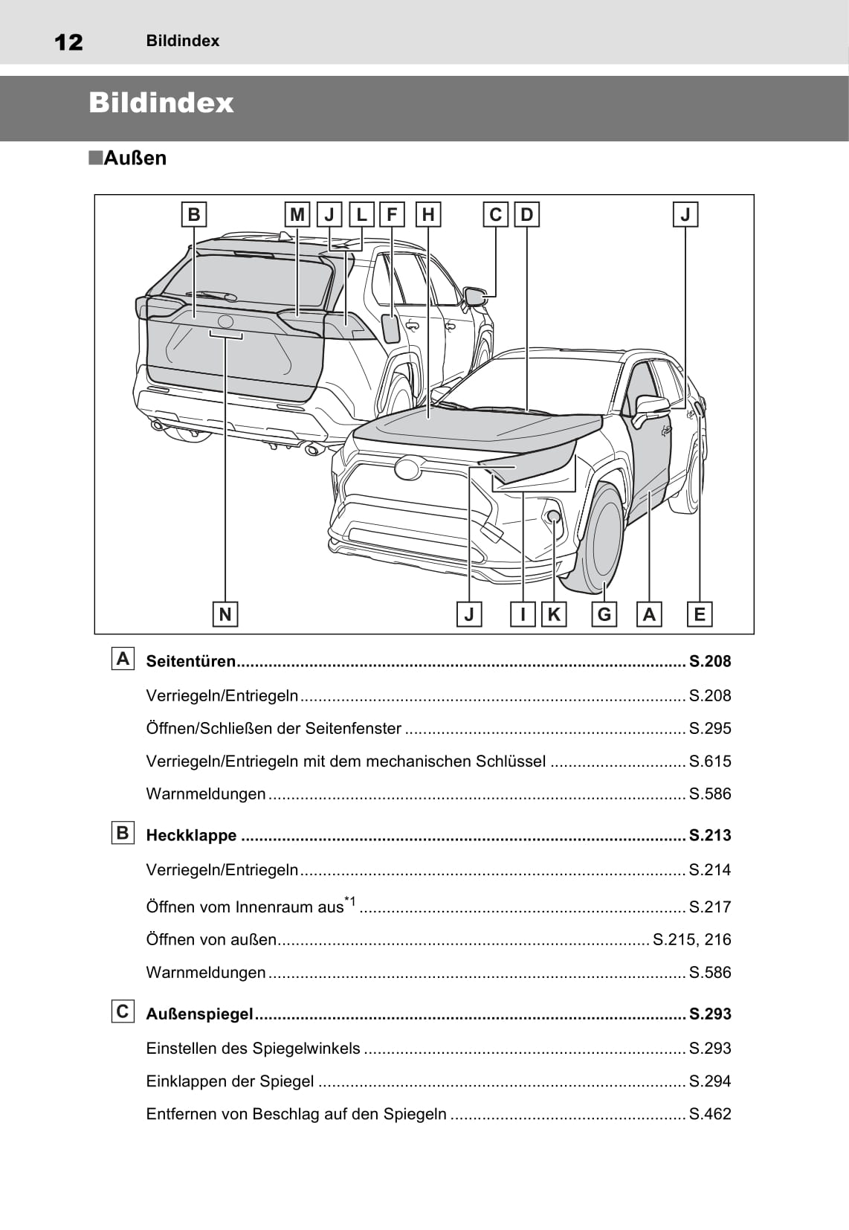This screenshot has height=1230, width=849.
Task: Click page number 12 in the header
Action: click(x=68, y=42)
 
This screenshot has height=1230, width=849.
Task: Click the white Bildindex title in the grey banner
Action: click(x=161, y=103)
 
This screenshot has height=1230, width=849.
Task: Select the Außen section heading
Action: click(x=134, y=158)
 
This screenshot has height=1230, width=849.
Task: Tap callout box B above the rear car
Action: click(x=194, y=215)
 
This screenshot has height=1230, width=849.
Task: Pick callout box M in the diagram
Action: click(x=297, y=215)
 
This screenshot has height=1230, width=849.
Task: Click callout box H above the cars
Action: click(x=428, y=215)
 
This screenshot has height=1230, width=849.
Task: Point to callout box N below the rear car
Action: click(x=225, y=614)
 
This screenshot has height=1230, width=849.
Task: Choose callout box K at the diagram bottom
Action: click(x=554, y=614)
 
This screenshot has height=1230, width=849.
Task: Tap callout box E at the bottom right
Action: click(x=700, y=614)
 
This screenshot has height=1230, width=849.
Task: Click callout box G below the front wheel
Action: click(x=604, y=614)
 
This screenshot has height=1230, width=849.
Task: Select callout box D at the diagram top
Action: click(x=526, y=215)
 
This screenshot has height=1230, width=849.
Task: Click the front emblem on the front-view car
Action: click(x=407, y=468)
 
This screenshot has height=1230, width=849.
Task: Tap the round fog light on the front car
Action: click(x=553, y=516)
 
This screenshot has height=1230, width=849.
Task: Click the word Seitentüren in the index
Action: click(x=190, y=661)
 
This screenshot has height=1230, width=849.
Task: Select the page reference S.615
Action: click(x=710, y=761)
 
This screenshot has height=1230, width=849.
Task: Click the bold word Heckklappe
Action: click(x=191, y=835)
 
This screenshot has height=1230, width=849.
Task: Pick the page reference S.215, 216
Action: click(x=691, y=940)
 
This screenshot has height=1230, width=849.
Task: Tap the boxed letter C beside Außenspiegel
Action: click(x=123, y=1011)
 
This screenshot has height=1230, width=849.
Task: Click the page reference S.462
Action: click(x=710, y=1114)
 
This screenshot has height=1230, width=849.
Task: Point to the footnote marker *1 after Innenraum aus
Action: click(x=350, y=902)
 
